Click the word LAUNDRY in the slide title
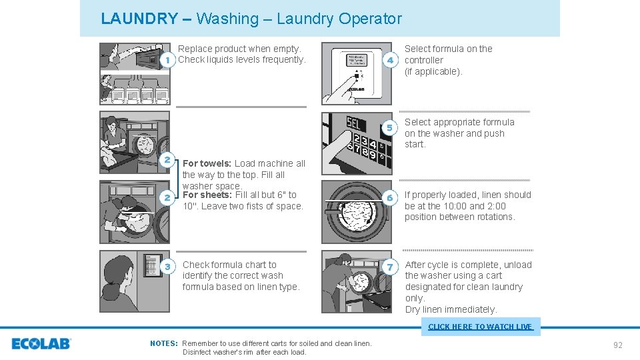(x=139, y=19)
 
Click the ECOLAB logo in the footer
(x=41, y=344)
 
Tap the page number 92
(x=617, y=345)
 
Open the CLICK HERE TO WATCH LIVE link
(x=480, y=327)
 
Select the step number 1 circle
(x=167, y=60)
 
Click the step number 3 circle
(x=167, y=267)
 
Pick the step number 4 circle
(x=391, y=60)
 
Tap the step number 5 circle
(x=391, y=127)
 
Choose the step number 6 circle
(x=391, y=198)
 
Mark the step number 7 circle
(x=391, y=267)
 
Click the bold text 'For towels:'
(x=207, y=163)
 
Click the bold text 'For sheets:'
(x=207, y=195)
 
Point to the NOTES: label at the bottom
(x=164, y=343)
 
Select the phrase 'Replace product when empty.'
(x=239, y=49)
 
